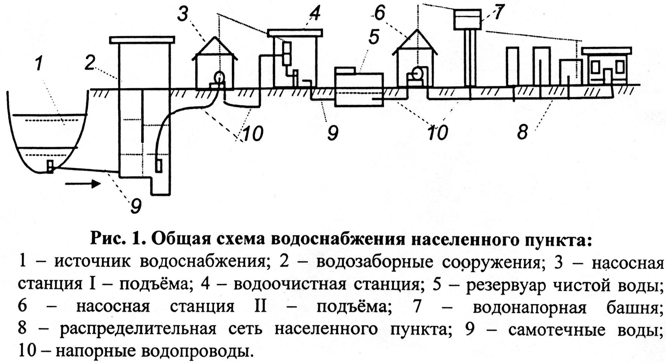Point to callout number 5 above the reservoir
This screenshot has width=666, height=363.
[374, 37]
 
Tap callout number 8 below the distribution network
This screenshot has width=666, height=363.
[522, 132]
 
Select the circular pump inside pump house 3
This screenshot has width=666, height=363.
[219, 76]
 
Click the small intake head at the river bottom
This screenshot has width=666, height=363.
[50, 167]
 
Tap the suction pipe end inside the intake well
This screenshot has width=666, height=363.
[159, 165]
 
